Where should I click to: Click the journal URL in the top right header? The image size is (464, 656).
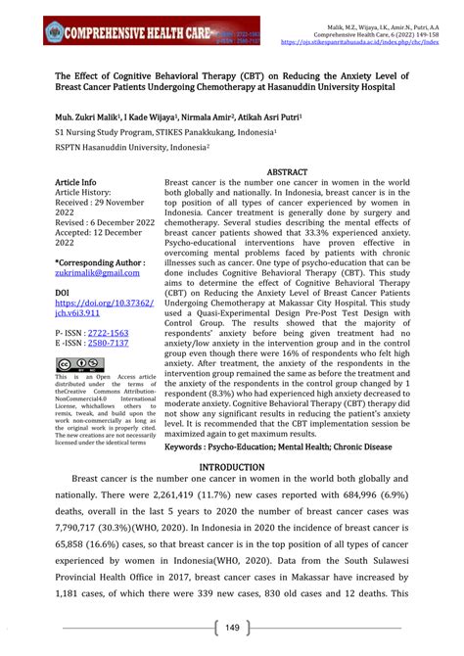tap(369, 42)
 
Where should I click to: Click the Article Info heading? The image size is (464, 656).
tap(75, 182)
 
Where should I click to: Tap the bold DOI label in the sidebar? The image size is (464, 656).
tap(63, 292)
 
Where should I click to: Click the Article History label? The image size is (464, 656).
tap(87, 194)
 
